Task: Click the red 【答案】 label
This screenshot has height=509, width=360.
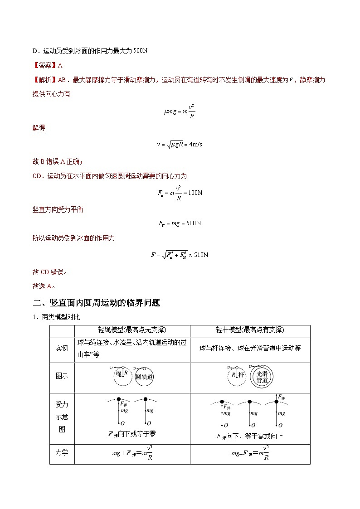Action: click(44, 65)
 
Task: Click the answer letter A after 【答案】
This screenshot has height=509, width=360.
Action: click(60, 65)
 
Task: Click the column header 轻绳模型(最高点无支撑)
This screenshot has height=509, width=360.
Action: click(132, 330)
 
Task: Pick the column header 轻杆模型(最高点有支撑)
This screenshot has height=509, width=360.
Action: click(250, 330)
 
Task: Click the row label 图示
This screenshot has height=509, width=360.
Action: click(62, 376)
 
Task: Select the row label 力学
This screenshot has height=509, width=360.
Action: click(62, 452)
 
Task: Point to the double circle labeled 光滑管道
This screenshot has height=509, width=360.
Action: click(263, 376)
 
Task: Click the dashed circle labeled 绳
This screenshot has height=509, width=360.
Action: click(120, 376)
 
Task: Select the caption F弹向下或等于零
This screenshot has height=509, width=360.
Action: click(132, 434)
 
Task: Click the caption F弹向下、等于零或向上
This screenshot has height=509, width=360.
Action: click(250, 436)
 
